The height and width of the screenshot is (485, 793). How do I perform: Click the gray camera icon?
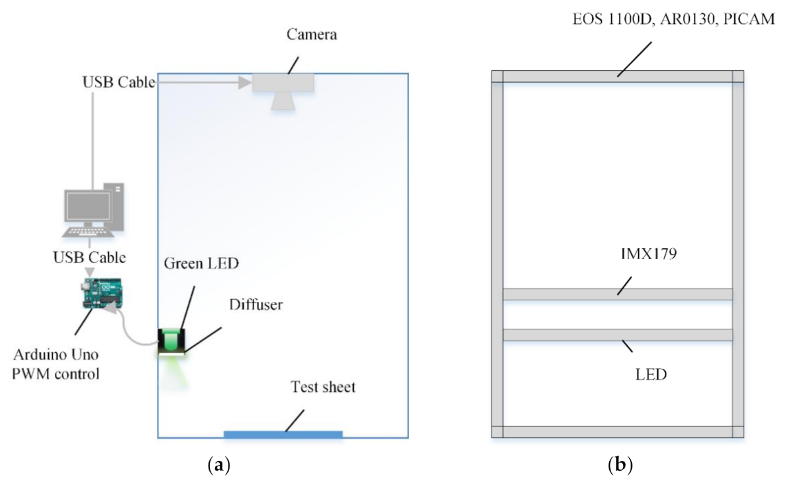point(283,89)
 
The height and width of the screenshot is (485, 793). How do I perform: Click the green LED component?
point(171,340)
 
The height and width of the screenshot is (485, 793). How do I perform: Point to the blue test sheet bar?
point(283,434)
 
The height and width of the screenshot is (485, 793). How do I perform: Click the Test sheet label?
point(323,387)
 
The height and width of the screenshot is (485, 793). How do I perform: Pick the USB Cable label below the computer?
point(89,258)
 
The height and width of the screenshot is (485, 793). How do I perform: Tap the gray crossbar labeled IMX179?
point(617,294)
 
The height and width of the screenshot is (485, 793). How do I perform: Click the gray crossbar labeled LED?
point(617,335)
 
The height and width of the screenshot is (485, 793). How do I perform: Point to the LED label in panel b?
point(651,375)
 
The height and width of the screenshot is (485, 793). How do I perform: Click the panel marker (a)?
point(218,466)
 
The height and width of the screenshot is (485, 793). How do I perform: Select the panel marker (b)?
point(620,466)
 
